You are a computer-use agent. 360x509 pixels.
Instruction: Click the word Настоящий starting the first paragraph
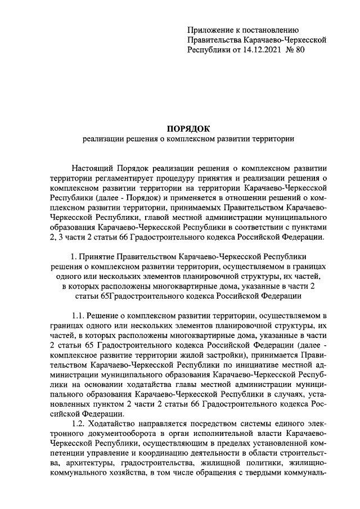coord(93,168)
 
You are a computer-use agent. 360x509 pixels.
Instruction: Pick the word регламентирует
coord(111,178)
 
